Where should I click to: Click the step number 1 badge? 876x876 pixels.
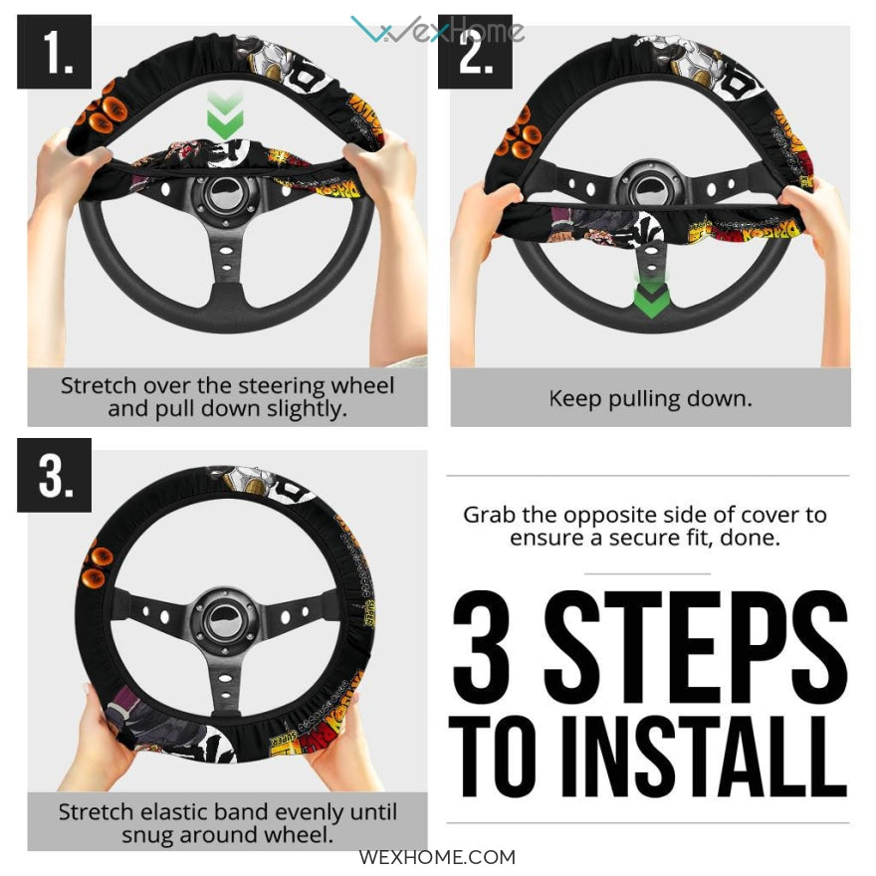coord(54,52)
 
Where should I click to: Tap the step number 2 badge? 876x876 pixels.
coord(475,52)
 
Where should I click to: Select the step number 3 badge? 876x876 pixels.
coord(54,475)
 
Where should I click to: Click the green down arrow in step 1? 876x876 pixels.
coord(225,114)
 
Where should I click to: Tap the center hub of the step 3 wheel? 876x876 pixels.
coord(225,619)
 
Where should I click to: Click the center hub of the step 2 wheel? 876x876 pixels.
coord(651,189)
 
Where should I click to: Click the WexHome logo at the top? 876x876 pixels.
coord(437,29)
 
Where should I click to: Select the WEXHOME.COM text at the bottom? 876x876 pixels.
coord(437,857)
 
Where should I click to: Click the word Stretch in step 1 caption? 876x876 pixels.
coord(99,385)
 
